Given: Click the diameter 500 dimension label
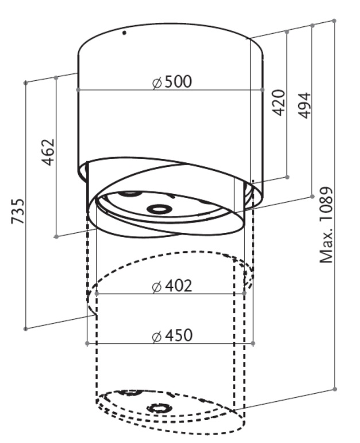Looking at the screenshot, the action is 172,82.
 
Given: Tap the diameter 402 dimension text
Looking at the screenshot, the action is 172,286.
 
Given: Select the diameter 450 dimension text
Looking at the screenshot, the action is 172,335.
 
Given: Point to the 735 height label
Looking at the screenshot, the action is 18,211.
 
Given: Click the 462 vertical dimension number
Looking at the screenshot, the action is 48,151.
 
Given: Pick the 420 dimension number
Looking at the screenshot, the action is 278,103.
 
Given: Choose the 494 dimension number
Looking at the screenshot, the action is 304,106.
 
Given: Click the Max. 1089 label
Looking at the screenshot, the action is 326,225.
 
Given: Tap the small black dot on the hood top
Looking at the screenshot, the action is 124,33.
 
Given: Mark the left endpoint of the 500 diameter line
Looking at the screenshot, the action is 78,90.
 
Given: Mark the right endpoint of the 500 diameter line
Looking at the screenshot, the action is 262,90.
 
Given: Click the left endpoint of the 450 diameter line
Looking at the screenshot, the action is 87,343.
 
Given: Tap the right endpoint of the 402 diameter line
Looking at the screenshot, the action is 245,294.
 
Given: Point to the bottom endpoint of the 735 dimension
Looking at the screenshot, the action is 25,329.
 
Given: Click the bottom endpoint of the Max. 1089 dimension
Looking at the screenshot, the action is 335,389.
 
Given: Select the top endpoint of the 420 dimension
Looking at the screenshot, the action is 287,32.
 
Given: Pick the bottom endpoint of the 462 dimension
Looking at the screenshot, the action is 56,236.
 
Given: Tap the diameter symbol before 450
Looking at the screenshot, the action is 156,336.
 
